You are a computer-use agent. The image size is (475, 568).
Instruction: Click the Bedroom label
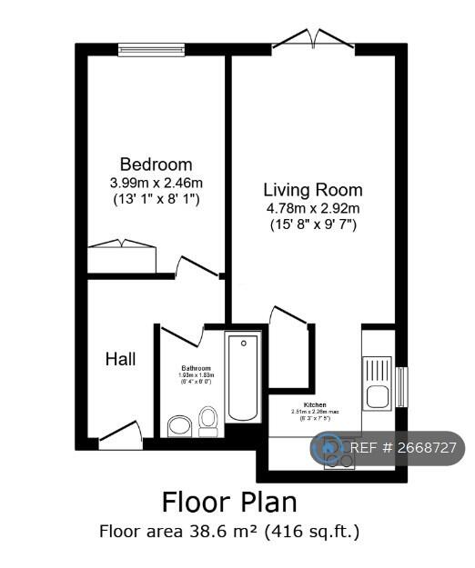click(156, 164)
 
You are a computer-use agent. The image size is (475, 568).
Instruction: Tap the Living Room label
click(312, 190)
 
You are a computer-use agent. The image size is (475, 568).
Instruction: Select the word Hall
click(120, 359)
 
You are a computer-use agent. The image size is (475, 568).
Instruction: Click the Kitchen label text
click(315, 404)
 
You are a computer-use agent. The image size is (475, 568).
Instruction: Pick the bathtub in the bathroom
click(243, 377)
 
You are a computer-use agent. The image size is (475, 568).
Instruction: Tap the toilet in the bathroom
click(208, 422)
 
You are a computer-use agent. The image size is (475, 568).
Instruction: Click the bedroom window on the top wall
click(151, 49)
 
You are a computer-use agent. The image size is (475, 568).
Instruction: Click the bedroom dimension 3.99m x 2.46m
click(156, 182)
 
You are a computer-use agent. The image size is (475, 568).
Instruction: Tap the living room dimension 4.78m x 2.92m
click(312, 207)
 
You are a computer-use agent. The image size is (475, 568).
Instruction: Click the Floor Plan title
click(229, 501)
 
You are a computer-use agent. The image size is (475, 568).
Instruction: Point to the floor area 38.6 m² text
click(229, 531)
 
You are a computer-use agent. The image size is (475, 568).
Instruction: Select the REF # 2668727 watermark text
click(401, 448)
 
